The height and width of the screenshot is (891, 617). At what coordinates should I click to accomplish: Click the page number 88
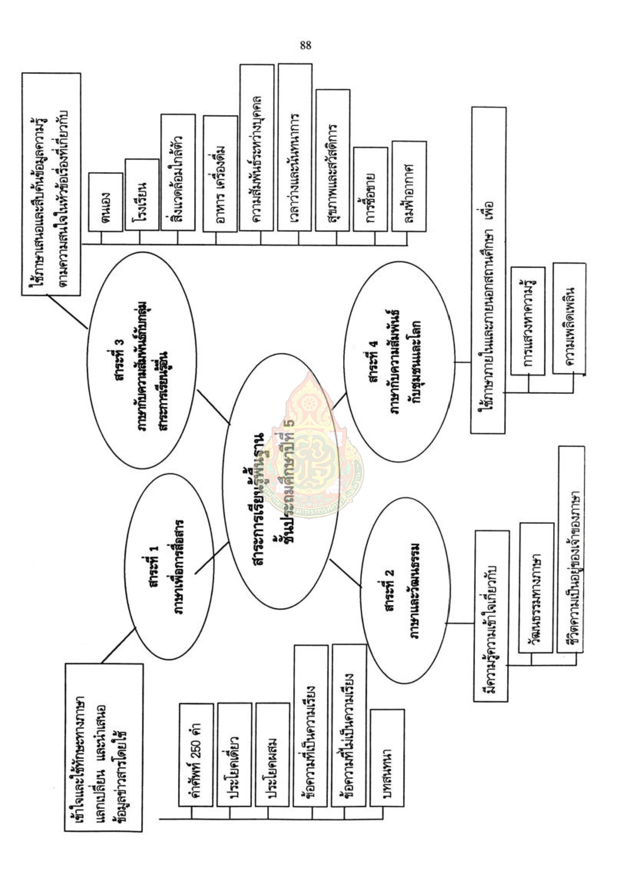305,46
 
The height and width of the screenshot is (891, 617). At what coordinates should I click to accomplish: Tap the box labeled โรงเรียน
143,196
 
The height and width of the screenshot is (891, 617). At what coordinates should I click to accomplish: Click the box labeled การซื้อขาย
371,189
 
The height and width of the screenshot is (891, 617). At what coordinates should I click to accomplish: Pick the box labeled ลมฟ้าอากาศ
409,186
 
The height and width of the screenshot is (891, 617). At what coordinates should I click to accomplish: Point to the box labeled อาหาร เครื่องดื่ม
220,174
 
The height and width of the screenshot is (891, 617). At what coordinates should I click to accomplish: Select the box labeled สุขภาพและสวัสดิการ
333,161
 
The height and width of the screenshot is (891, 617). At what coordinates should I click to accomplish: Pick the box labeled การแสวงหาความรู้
528,321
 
